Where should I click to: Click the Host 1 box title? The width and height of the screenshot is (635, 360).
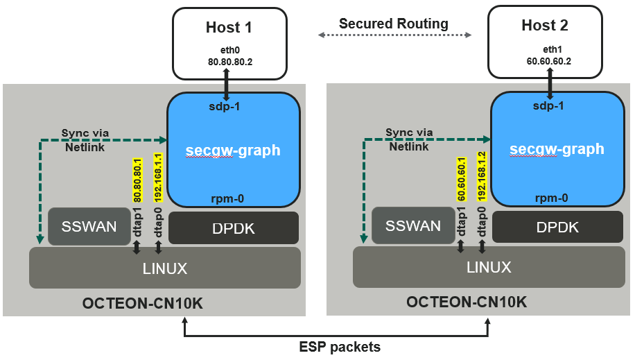click(229, 27)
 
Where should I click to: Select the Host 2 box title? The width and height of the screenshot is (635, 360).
click(545, 26)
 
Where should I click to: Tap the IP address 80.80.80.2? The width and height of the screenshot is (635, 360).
click(229, 62)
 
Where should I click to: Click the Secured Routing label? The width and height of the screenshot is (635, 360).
click(393, 24)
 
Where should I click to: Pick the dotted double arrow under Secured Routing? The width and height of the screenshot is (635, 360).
click(394, 35)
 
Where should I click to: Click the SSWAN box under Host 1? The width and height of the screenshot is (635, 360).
click(89, 226)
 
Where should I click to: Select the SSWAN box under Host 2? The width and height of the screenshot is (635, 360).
click(412, 226)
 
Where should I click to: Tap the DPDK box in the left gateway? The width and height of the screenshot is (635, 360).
click(234, 228)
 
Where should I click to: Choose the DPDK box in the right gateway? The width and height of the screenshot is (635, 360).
click(557, 228)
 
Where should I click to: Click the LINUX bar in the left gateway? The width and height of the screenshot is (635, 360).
click(165, 268)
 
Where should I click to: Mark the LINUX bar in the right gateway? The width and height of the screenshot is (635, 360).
click(489, 267)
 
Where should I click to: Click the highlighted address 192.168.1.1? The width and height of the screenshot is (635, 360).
click(158, 178)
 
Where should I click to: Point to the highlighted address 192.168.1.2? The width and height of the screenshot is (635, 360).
click(482, 178)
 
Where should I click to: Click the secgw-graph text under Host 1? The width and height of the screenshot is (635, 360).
click(234, 151)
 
